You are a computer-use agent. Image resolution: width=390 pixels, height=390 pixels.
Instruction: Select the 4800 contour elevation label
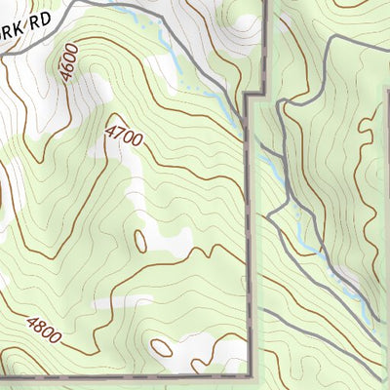click(x=44, y=331)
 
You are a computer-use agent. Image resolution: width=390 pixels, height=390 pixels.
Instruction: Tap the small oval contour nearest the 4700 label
click(x=140, y=239)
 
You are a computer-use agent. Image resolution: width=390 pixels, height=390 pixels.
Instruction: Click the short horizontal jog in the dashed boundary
click(x=256, y=95)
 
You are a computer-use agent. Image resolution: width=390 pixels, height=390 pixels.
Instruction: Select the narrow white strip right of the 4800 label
click(x=117, y=305)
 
